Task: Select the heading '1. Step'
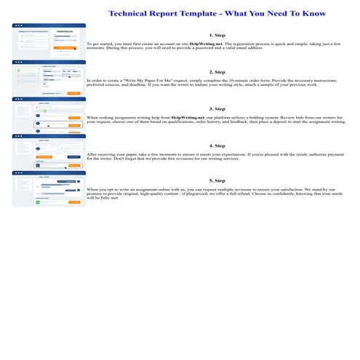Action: coord(217,35)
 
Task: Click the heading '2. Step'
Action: coord(217,72)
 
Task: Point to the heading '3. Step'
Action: coord(217,108)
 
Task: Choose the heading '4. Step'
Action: coord(217,145)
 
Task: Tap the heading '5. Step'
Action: coord(217,180)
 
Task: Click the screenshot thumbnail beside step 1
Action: coord(49,41)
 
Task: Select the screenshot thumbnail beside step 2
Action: coord(49,78)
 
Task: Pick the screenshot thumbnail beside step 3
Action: coord(49,115)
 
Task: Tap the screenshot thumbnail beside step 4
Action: coord(49,151)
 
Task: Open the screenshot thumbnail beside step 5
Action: coord(49,188)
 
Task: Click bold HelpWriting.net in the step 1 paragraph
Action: coord(206,44)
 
